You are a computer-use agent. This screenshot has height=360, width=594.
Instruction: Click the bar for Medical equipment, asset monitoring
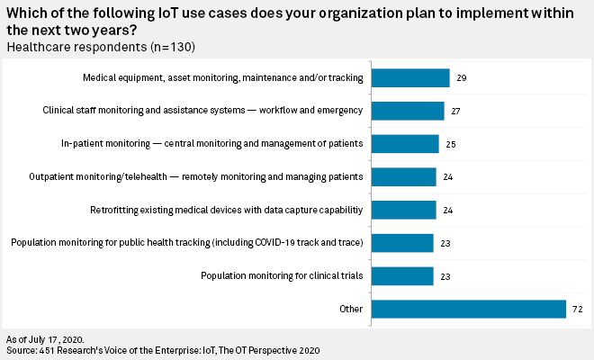tap(409, 78)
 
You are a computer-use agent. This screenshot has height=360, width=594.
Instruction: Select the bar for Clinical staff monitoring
tap(407, 111)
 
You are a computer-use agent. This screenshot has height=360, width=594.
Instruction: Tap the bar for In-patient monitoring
tap(404, 144)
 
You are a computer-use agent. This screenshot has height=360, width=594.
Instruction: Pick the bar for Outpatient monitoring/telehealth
tap(402, 176)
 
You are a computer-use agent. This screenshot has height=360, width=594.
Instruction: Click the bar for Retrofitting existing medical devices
tap(402, 210)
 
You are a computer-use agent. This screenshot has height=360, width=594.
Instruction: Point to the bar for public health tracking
tap(401, 243)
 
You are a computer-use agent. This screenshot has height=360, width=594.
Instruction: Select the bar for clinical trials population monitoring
tap(401, 275)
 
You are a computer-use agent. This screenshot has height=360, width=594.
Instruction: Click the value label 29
tap(461, 78)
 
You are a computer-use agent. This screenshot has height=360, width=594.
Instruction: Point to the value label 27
tap(455, 111)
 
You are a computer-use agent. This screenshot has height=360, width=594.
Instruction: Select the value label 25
tap(450, 144)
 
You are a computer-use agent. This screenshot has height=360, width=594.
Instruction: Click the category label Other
tap(352, 309)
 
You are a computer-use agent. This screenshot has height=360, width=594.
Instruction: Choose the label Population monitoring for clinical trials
tap(282, 275)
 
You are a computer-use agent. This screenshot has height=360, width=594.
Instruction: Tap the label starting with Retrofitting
tap(226, 210)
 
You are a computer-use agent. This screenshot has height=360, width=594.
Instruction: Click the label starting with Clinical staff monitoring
tap(202, 111)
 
